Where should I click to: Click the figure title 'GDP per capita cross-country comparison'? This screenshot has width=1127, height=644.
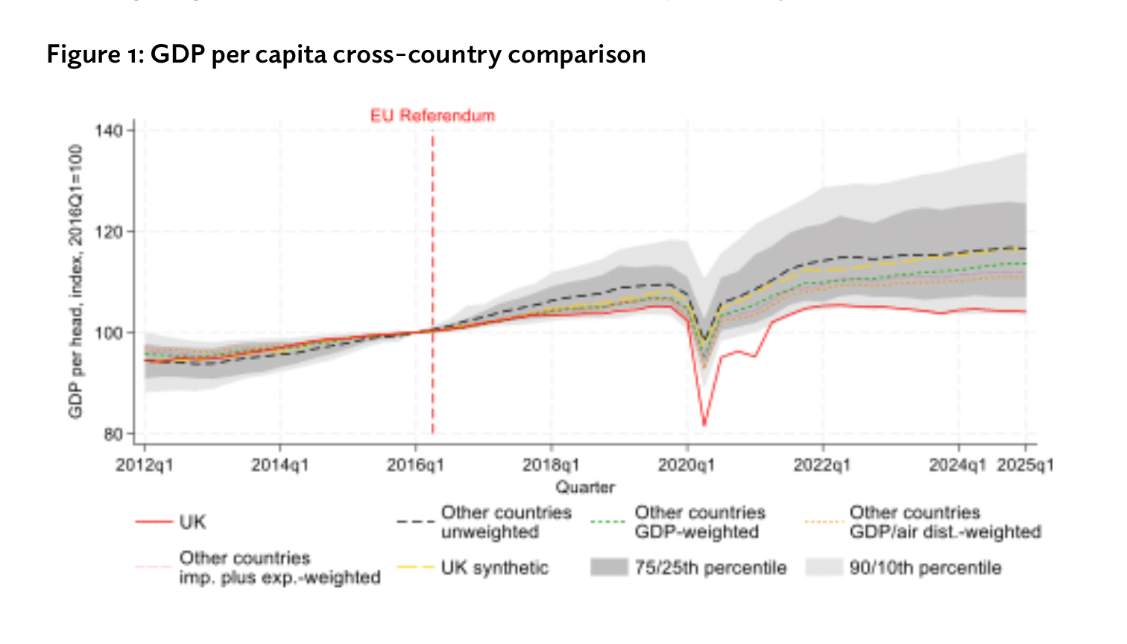[x=346, y=55]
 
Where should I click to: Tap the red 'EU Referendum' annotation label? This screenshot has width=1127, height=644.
[x=432, y=116]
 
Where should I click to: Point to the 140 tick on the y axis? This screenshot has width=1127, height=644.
[x=109, y=131]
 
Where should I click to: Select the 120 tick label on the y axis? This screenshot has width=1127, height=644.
[x=109, y=232]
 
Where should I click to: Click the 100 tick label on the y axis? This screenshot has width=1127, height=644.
[x=109, y=332]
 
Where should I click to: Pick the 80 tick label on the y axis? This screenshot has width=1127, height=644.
[x=112, y=434]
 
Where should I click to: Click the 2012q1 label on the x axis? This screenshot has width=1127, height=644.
[x=145, y=465]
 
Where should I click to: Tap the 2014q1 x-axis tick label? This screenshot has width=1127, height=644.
[x=280, y=465]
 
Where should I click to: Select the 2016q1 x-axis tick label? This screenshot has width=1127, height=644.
[x=416, y=465]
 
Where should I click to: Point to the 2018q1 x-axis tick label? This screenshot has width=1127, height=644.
[x=552, y=465]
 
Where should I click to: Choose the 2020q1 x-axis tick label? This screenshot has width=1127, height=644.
[x=687, y=465]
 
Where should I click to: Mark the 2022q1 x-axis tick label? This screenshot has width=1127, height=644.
[x=823, y=465]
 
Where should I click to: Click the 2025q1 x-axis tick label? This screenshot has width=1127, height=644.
[x=1026, y=465]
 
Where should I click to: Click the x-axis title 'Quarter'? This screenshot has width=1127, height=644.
[x=585, y=487]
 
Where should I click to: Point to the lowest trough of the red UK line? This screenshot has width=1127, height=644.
[x=704, y=426]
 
